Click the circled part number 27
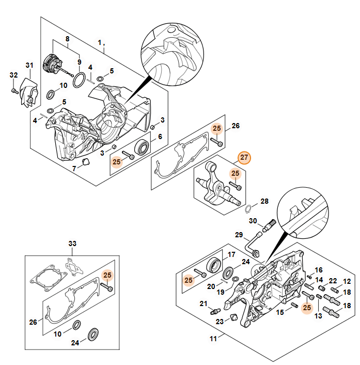click(244, 157)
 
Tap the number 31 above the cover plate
click(29, 65)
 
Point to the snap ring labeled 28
click(248, 209)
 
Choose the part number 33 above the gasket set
click(72, 243)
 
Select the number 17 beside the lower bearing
click(232, 254)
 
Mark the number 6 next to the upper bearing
click(160, 136)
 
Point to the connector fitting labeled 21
click(213, 312)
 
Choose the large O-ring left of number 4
click(79, 80)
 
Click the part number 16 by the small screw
click(319, 270)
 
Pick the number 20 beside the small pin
click(211, 286)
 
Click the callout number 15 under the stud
click(280, 312)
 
